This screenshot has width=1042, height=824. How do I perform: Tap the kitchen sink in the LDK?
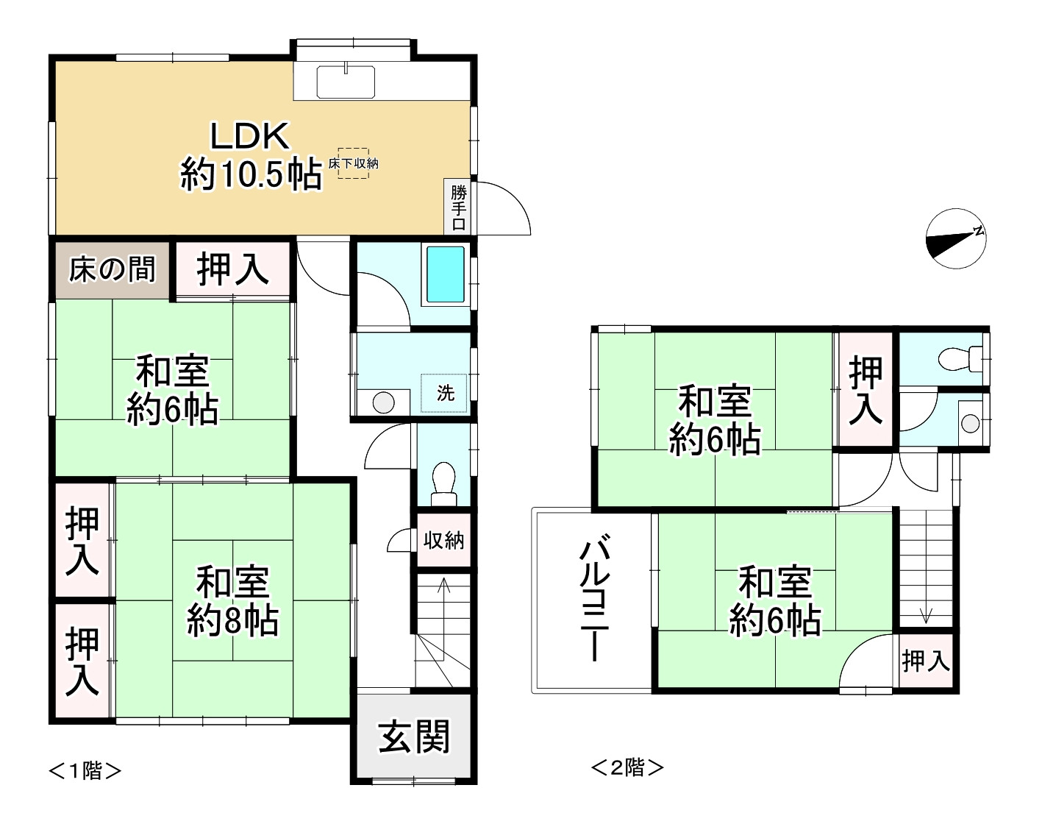coord(346,81)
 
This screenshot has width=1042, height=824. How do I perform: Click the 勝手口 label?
coord(459,207)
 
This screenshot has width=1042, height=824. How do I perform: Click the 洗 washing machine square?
coord(445,393)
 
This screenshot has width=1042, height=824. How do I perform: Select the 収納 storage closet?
coord(443,541)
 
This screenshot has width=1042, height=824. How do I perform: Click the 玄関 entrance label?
coord(413,736)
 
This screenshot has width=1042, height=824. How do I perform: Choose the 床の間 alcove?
coord(113,269)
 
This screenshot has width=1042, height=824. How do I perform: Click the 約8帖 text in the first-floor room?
coord(232,622)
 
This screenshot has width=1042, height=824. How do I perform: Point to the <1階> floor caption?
coord(85,770)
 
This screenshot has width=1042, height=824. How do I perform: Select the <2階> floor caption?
coord(627,767)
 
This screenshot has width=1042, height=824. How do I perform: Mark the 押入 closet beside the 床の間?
coord(232,269)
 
